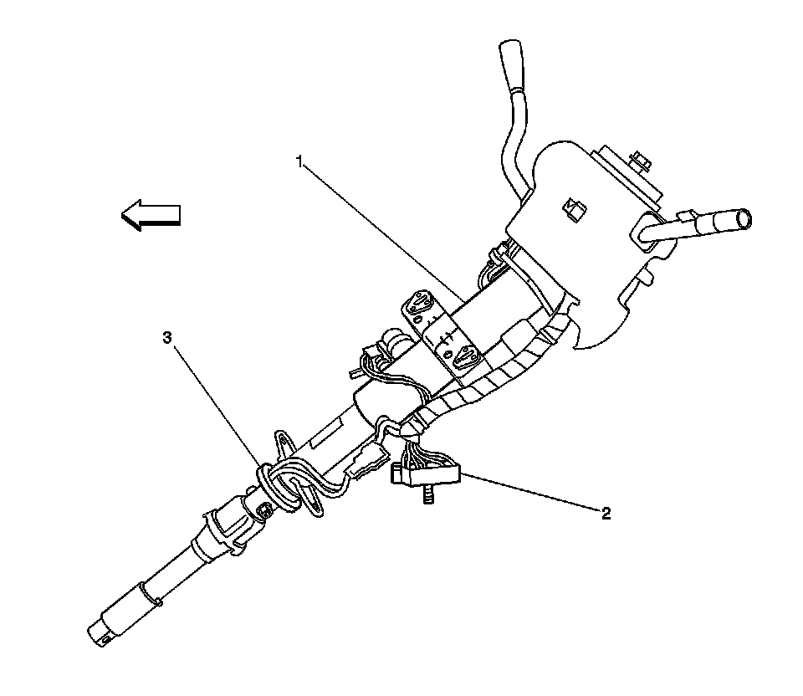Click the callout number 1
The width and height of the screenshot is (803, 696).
click(x=299, y=161)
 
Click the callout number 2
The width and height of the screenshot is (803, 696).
click(x=606, y=513)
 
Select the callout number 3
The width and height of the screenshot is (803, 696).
click(x=167, y=337)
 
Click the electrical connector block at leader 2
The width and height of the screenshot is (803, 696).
click(x=427, y=475)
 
